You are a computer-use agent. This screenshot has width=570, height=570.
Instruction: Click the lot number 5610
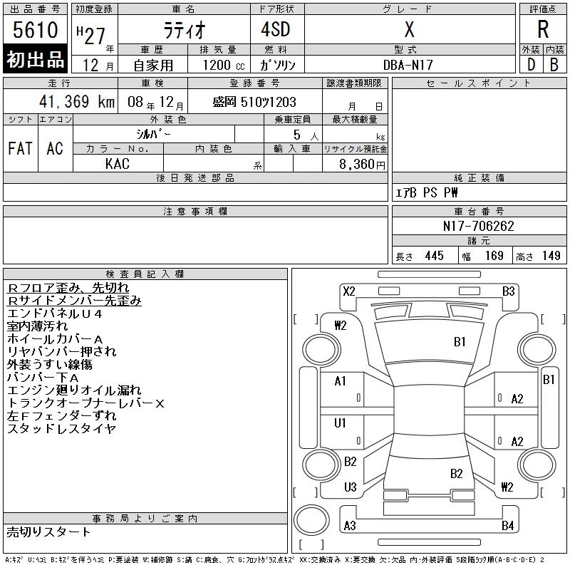35,30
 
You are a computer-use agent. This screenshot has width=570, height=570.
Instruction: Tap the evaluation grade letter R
543,29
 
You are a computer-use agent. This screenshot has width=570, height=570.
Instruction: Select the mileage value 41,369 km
77,101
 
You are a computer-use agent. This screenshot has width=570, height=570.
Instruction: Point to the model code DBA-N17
408,65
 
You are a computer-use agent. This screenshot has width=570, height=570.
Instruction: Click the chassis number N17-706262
478,226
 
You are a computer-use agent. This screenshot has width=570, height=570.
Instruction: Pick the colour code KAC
118,164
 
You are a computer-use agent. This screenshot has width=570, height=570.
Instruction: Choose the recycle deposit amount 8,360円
362,165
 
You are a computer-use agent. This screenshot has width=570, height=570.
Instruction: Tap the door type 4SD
276,29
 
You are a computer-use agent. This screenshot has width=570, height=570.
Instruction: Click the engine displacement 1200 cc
224,65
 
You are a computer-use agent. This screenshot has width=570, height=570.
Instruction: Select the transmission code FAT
21,149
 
